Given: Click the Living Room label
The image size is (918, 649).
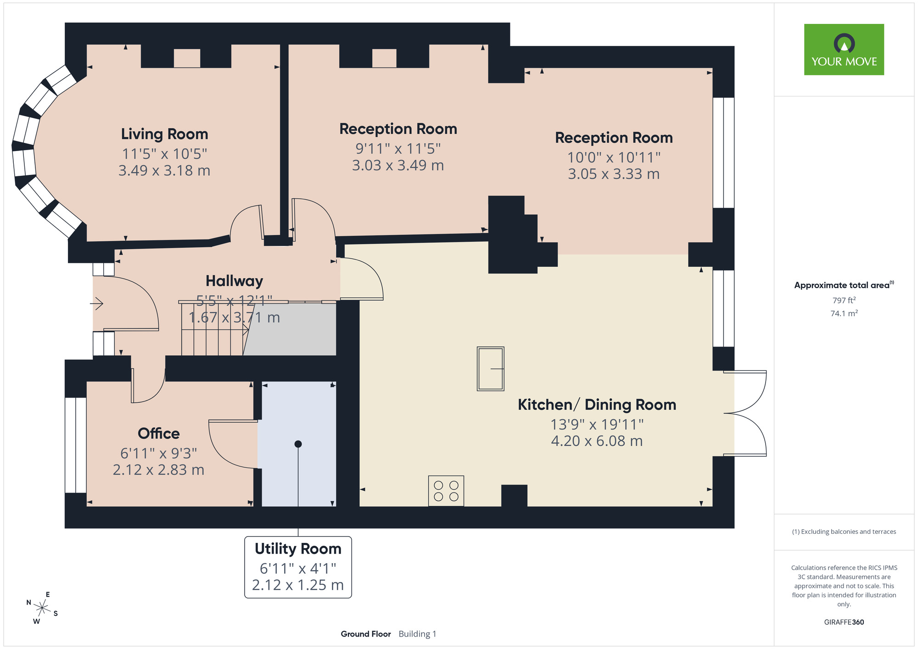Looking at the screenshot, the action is (164, 134).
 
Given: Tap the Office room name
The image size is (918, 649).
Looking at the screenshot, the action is (159, 433).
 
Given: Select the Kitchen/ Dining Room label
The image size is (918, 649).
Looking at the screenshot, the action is (597, 405).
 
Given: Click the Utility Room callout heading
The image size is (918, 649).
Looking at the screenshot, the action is (298, 549).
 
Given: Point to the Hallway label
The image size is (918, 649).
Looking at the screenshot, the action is (234, 281).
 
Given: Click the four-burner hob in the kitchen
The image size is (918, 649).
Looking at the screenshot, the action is (446, 491).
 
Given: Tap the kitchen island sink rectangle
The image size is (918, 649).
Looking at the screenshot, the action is (491, 369).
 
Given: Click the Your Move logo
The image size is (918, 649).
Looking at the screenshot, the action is (844, 50).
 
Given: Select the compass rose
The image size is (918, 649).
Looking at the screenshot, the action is (42, 609).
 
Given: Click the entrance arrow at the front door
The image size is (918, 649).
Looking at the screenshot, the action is (97, 303).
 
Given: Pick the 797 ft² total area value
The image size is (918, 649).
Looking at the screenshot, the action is (844, 300).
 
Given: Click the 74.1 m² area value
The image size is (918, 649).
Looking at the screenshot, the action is (844, 313).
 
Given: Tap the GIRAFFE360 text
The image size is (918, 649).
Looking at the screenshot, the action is (844, 622).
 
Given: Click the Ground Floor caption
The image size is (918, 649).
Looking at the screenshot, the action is (366, 634).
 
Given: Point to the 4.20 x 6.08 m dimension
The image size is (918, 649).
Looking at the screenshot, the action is (597, 441).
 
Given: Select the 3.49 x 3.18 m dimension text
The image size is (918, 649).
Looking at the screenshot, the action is (164, 171).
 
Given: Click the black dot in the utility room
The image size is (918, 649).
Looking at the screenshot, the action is (298, 444).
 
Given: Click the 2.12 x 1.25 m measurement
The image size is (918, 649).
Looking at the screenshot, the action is (298, 585).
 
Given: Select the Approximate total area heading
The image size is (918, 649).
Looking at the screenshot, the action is (844, 285).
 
